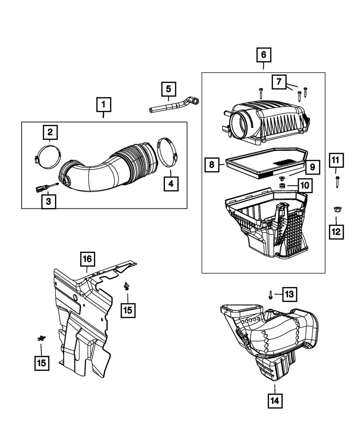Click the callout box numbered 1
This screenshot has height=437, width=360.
[103, 105]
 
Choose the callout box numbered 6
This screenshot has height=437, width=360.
[264, 55]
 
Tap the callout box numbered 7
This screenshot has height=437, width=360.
[279, 82]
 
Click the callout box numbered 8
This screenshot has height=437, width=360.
[212, 165]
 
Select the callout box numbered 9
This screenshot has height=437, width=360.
[312, 167]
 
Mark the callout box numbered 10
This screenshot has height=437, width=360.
[304, 185]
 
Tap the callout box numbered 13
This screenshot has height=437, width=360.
[290, 294]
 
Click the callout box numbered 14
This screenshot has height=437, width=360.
[275, 400]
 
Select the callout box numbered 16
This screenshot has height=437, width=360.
[88, 258]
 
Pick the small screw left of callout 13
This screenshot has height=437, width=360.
[270, 295]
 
